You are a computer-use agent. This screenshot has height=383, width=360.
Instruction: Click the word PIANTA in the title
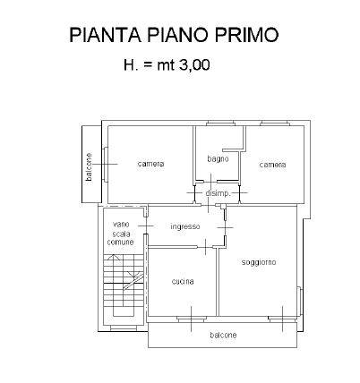coord(105,35)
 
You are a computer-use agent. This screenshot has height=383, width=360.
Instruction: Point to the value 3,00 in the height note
coord(194,65)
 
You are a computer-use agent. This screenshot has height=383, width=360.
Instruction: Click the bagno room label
coord(218,159)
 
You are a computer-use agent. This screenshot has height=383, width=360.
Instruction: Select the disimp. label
coord(219,193)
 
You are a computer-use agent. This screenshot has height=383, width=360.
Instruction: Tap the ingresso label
coord(185,226)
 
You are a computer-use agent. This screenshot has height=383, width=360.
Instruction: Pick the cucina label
coord(183,281)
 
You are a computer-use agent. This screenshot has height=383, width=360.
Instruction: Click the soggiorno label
coord(259,262)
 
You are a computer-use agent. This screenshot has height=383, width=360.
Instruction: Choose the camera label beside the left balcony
coord(151,164)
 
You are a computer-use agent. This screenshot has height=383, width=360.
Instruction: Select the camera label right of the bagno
coord(272,165)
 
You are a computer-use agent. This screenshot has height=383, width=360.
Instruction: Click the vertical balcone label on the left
coord(89,167)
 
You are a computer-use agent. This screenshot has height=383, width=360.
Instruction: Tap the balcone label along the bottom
coord(223,335)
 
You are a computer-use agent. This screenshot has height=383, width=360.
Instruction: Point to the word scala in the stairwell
coord(121,234)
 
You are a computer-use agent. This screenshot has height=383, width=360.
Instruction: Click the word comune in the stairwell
coord(120,242)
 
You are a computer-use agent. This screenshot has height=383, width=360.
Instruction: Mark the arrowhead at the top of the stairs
coord(113,257)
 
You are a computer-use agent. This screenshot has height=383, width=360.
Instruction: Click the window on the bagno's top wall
coord(221,123)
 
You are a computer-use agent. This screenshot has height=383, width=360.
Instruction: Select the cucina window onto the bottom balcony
coord(192,319)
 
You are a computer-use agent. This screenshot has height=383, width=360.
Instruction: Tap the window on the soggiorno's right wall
coord(300,302)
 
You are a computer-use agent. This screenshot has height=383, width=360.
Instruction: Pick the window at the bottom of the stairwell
coord(124,328)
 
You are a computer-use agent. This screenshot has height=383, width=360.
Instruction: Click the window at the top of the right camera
coord(275,123)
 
